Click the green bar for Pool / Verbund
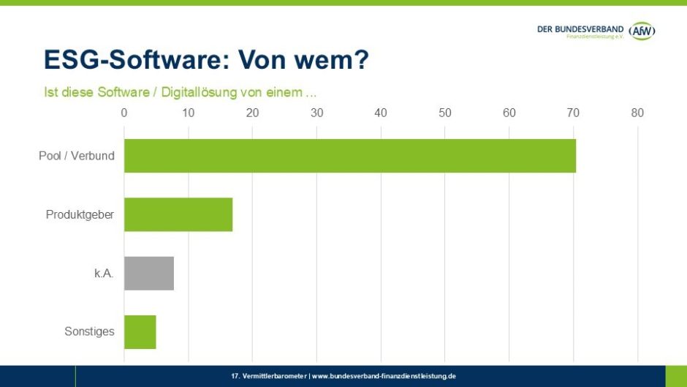(349, 156)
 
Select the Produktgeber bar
(178, 214)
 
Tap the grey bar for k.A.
(148, 273)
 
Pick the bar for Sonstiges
(140, 331)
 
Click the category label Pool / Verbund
(76, 156)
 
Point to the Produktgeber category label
(80, 214)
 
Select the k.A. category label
(103, 273)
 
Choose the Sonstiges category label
(89, 331)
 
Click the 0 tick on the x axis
(124, 113)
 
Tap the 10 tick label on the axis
(188, 113)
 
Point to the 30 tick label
(316, 113)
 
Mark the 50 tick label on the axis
(444, 113)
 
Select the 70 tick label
(573, 113)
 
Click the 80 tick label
(637, 113)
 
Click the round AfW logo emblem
(642, 31)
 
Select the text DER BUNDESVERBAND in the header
(580, 29)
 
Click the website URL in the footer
(384, 376)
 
